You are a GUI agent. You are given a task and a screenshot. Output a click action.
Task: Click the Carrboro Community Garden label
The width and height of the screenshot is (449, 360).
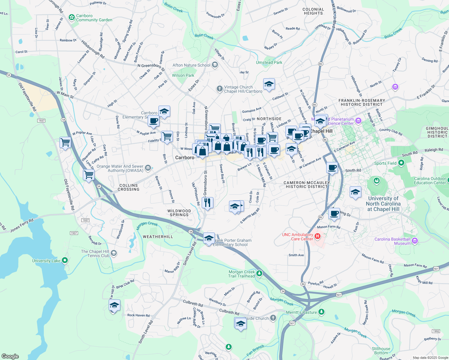(94, 18)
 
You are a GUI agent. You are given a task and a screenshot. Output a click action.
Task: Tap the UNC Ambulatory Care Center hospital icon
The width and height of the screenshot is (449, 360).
(318, 237)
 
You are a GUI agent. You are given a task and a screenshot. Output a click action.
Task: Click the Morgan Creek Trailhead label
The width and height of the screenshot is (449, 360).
(241, 274)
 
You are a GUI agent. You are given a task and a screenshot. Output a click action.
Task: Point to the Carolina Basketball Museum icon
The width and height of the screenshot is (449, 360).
(415, 241)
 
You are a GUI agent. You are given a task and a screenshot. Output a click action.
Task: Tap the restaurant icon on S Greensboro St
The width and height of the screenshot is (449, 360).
(207, 203)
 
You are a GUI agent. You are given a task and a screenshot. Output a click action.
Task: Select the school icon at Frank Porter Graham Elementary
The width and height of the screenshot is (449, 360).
(209, 238)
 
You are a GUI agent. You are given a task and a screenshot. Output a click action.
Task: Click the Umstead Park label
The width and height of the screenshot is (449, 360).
(269, 62)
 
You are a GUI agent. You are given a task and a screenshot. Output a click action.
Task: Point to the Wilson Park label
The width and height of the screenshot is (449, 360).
(183, 75)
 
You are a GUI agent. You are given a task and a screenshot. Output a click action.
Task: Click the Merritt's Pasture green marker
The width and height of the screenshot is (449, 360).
(321, 312)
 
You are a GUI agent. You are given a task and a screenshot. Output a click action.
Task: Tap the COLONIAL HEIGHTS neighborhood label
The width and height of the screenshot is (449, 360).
(313, 11)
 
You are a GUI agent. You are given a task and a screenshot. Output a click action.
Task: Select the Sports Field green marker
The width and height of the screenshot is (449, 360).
(401, 163)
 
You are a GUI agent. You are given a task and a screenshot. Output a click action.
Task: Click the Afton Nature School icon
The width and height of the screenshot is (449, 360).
(215, 65)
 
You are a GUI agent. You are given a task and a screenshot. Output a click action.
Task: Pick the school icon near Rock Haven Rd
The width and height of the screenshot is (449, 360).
(114, 305)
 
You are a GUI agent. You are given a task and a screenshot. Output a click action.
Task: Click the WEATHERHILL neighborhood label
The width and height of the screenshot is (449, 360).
(158, 237)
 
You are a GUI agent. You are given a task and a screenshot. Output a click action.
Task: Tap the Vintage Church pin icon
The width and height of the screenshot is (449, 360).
(219, 89)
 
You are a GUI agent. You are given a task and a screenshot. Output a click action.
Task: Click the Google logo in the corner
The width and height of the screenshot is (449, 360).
(10, 356)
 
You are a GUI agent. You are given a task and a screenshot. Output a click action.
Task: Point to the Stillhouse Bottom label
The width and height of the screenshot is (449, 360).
(381, 351)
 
